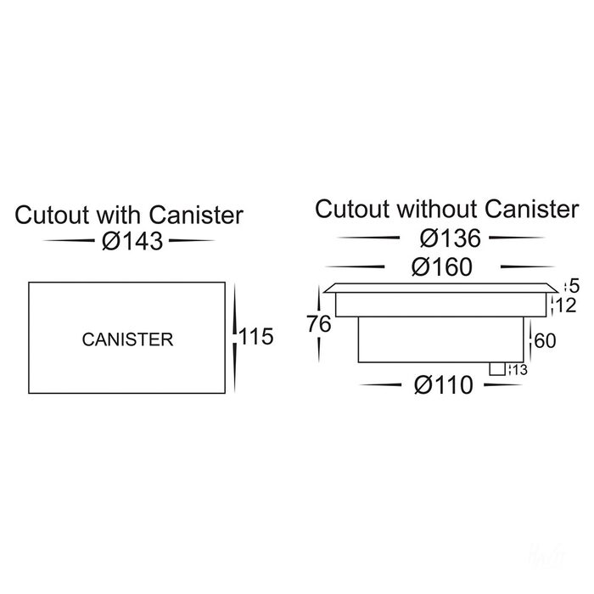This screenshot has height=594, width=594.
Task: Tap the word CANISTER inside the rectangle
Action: [x=127, y=339]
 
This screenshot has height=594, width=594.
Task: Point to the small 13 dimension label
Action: [x=518, y=368]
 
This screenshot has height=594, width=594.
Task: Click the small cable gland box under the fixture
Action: [x=498, y=368]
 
